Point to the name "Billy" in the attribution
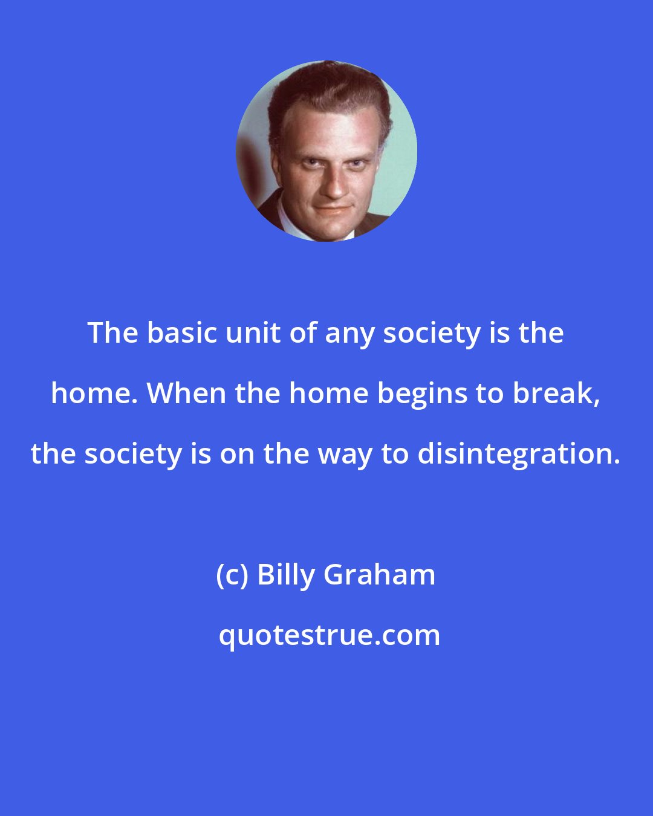287,575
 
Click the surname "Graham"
380,575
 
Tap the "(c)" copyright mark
233,575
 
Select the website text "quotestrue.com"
330,635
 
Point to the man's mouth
331,208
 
